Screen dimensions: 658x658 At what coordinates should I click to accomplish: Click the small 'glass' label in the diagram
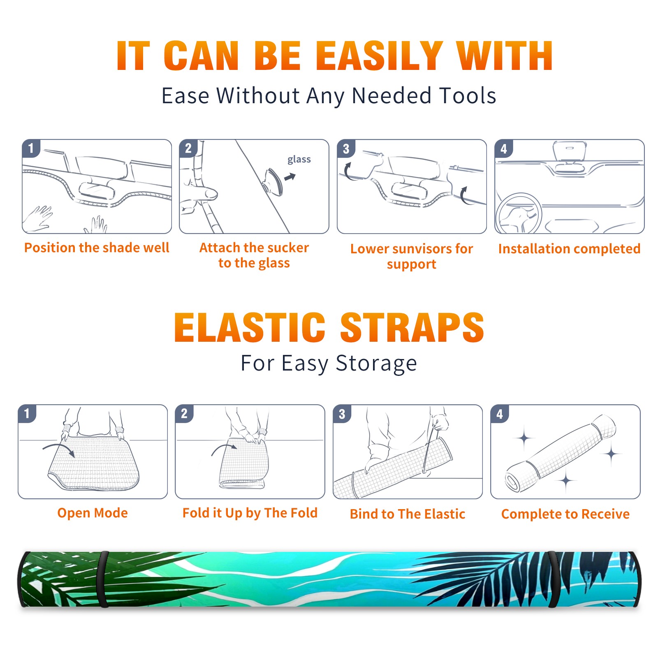(299, 160)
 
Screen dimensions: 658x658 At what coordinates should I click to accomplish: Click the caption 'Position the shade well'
(97, 248)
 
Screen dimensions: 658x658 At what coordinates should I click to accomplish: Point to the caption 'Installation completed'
(569, 249)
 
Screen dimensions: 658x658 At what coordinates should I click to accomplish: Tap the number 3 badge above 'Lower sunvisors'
(346, 148)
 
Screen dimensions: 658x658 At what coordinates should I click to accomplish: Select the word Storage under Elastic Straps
(376, 364)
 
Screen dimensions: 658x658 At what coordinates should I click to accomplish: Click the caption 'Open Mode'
(93, 513)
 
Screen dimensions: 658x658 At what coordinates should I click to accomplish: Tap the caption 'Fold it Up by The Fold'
(250, 513)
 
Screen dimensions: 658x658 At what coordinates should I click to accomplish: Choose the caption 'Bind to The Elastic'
(408, 514)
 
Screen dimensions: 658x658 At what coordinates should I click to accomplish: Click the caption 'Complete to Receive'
(565, 514)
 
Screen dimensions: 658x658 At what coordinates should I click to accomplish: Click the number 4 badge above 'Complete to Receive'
(500, 414)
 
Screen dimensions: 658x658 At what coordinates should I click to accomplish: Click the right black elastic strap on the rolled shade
(554, 579)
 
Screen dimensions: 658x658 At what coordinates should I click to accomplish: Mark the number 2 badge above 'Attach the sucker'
(188, 148)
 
